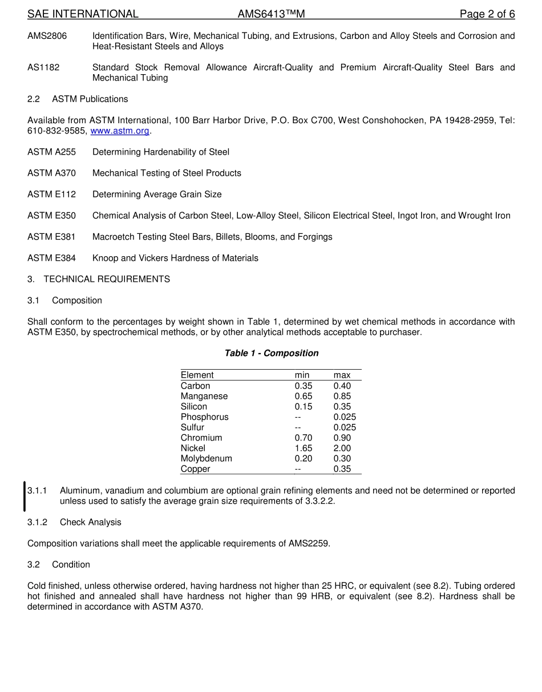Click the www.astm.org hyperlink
(120, 131)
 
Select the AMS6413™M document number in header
(271, 14)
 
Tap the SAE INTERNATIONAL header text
(83, 14)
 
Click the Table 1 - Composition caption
(272, 353)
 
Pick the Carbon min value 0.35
(304, 386)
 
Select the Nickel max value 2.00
(342, 448)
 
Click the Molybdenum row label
(206, 459)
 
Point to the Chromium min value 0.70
(304, 438)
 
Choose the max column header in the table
(342, 375)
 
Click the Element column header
(197, 375)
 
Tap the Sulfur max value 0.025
(345, 428)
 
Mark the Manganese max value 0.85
(342, 396)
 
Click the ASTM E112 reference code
(51, 195)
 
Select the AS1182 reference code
(43, 67)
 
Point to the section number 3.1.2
(37, 523)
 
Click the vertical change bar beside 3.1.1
(25, 496)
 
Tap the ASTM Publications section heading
(90, 99)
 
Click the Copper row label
(195, 469)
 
